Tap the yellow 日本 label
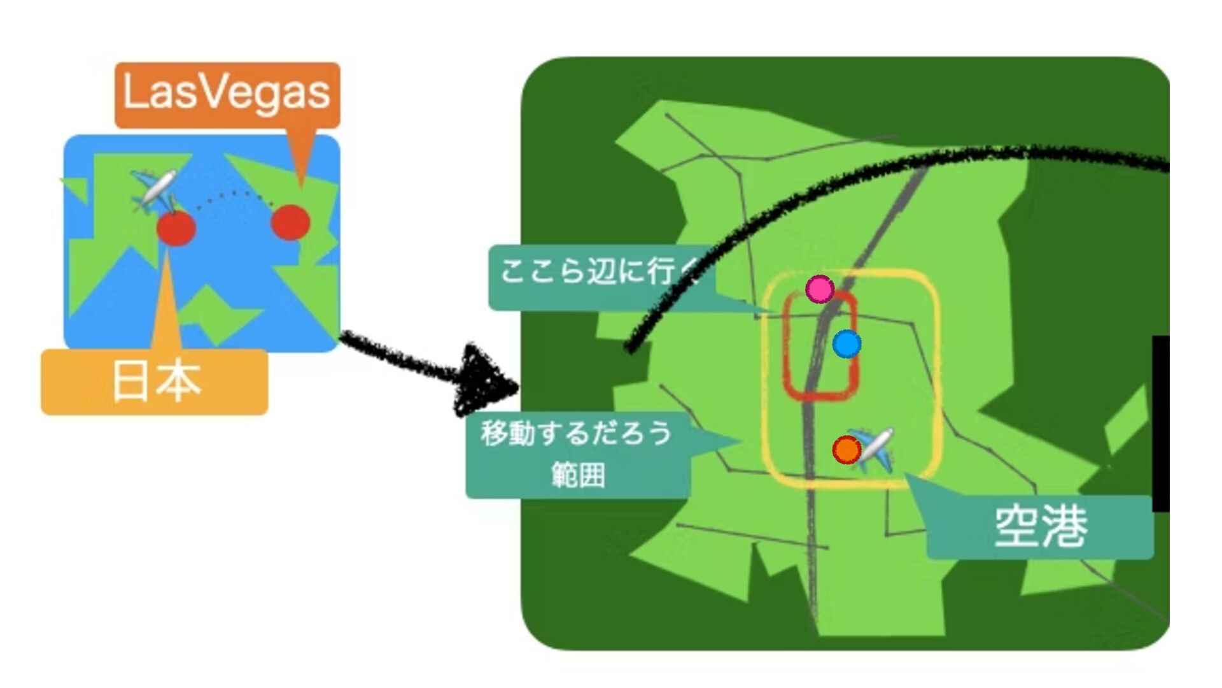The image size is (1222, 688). click(x=155, y=382)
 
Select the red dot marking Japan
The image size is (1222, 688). click(x=176, y=229)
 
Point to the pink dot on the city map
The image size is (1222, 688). click(x=820, y=289)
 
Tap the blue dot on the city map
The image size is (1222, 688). click(x=846, y=344)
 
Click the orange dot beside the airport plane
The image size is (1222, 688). click(x=846, y=450)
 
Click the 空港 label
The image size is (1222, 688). click(x=1040, y=527)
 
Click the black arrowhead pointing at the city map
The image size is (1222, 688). click(x=487, y=380)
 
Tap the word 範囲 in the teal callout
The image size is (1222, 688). click(x=578, y=475)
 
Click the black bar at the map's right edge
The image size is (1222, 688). click(x=1161, y=424)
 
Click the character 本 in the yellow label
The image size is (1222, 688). click(x=179, y=381)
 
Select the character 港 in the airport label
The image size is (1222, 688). click(x=1064, y=527)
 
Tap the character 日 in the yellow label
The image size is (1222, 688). click(x=130, y=381)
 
